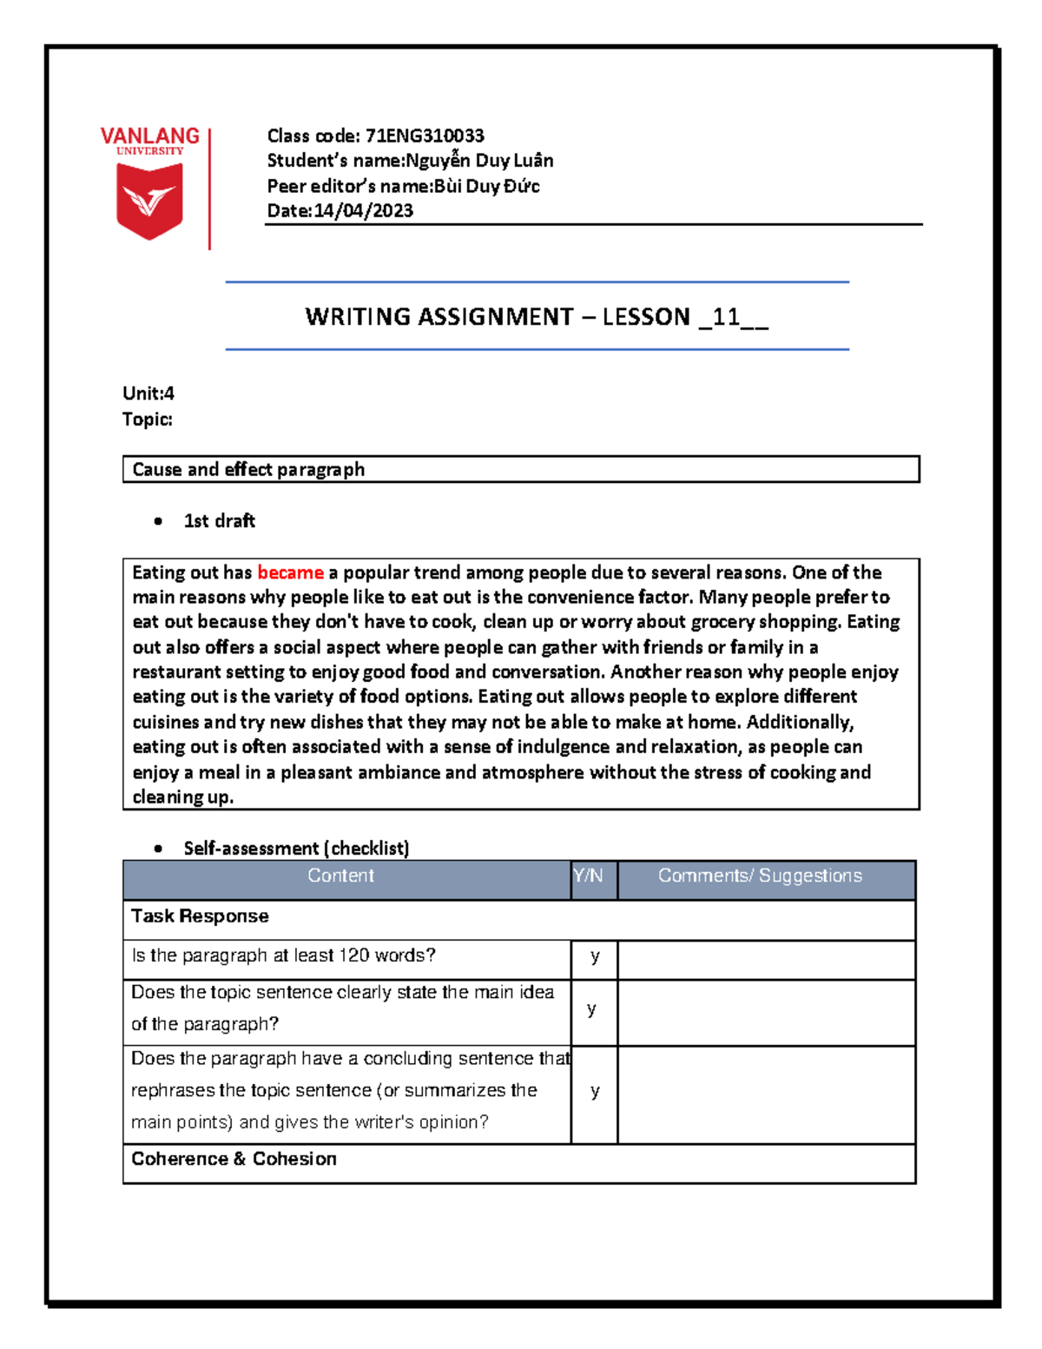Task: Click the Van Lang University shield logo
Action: (x=149, y=201)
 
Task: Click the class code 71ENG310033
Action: (x=425, y=136)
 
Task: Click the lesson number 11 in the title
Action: (x=725, y=317)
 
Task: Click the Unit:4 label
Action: (x=148, y=393)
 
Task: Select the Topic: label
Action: (x=148, y=420)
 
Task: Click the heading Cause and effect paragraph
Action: (x=248, y=470)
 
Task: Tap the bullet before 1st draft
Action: (x=158, y=521)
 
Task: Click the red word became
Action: (x=290, y=572)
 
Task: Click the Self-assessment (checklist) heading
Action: (x=296, y=848)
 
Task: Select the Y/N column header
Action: (x=588, y=876)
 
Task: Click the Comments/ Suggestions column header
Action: (x=760, y=876)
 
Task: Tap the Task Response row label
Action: (x=200, y=916)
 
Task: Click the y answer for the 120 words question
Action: (x=595, y=956)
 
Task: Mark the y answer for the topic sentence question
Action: (x=592, y=1008)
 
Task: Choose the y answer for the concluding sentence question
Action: (x=595, y=1091)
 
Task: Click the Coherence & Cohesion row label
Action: (x=234, y=1159)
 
